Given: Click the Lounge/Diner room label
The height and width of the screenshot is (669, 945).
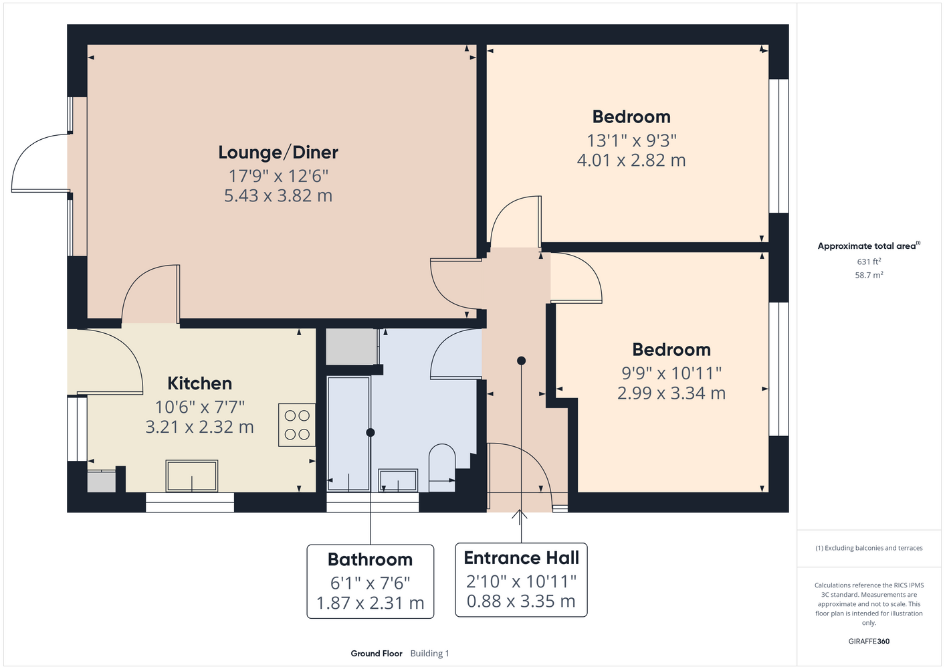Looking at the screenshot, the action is [x=278, y=153].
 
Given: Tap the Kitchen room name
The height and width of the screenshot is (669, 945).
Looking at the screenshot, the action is [x=199, y=383].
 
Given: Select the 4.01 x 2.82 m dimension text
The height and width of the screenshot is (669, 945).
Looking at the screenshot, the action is [x=631, y=161].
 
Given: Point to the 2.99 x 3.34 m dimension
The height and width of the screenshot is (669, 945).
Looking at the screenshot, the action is [x=671, y=393].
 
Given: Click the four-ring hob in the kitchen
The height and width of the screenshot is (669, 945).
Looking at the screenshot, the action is [x=297, y=425].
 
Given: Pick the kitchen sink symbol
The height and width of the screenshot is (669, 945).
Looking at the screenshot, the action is [x=192, y=476].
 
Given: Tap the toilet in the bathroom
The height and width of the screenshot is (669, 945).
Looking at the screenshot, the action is [x=442, y=467].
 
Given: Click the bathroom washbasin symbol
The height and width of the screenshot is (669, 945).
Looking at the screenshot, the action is [x=398, y=480].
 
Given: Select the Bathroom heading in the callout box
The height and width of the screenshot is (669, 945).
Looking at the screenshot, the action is [x=370, y=559].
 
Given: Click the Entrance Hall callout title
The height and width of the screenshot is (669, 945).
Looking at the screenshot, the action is [x=522, y=557].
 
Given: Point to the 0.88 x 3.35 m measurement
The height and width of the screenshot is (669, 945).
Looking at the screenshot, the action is [x=521, y=601].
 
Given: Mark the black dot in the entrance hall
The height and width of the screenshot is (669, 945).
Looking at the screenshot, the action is [x=522, y=361].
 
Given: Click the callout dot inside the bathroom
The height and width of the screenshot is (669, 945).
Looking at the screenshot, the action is [x=371, y=433].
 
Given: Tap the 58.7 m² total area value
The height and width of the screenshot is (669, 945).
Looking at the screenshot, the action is [x=869, y=275].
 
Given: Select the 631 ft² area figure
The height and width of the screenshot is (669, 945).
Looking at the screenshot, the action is [x=869, y=262].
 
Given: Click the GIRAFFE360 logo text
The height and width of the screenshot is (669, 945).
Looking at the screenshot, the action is [x=869, y=641].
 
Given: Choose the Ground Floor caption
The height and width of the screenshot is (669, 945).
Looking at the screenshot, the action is [x=377, y=654].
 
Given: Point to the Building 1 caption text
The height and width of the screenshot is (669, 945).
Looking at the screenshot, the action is [x=429, y=654].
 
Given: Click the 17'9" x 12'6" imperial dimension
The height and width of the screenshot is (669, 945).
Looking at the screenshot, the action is [x=278, y=176].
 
